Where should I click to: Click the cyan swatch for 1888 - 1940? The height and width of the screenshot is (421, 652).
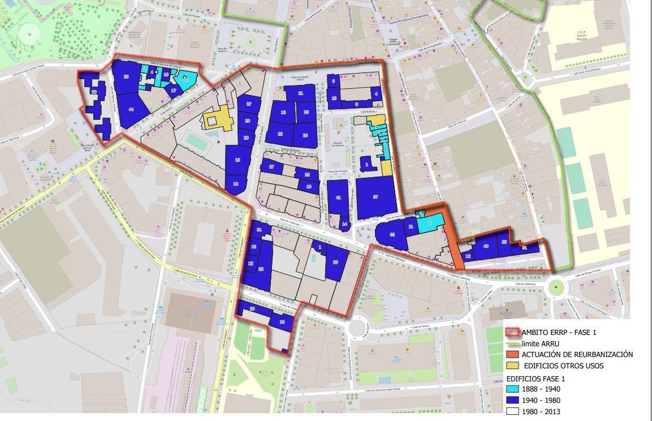tap(512, 389)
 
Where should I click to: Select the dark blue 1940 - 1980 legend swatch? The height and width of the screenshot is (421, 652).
tap(512, 401)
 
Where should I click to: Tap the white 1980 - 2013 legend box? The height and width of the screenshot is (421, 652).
tap(512, 411)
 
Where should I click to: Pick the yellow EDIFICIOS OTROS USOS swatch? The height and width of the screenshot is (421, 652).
tap(512, 366)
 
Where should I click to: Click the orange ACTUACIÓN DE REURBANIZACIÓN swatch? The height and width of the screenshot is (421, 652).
tap(512, 354)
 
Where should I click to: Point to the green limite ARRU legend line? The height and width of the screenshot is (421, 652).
tap(512, 343)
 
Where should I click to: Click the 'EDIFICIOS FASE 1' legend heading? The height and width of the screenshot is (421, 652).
tap(535, 379)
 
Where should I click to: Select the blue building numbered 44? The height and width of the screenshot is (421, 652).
tap(131, 109)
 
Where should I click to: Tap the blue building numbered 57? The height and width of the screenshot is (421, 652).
tap(375, 197)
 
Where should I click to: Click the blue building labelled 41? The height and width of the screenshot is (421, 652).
tap(338, 197)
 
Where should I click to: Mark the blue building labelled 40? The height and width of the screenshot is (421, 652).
tap(486, 246)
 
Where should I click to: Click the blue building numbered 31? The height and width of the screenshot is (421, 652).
tap(524, 248)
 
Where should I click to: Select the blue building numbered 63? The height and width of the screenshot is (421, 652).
tap(392, 234)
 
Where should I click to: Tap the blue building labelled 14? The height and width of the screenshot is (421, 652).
tap(344, 224)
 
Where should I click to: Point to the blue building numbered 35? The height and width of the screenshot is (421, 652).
tap(261, 269)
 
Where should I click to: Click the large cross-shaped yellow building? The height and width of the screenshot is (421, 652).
tap(218, 118)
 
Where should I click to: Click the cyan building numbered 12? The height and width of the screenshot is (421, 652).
tap(185, 79)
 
